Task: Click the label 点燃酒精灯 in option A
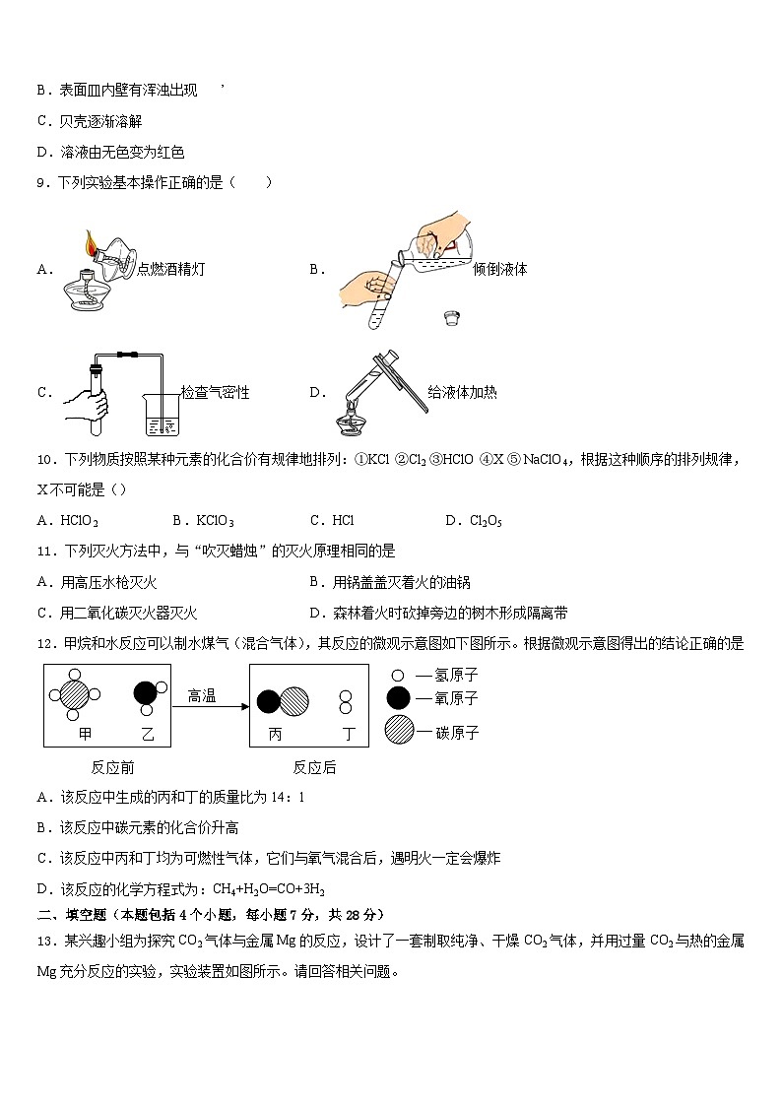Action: (x=171, y=269)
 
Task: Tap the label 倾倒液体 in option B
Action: (x=499, y=269)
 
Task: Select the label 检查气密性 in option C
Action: (x=215, y=393)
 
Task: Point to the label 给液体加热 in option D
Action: (x=462, y=393)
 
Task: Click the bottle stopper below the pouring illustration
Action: (x=450, y=319)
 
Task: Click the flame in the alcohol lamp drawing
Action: (x=91, y=241)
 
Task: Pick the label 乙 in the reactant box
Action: (x=148, y=734)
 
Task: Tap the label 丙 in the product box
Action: (x=275, y=734)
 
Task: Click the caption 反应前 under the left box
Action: (x=111, y=767)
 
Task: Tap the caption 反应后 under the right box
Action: (x=314, y=767)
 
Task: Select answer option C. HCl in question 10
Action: (x=332, y=521)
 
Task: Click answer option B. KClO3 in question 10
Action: (x=203, y=521)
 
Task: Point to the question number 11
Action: (x=43, y=552)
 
